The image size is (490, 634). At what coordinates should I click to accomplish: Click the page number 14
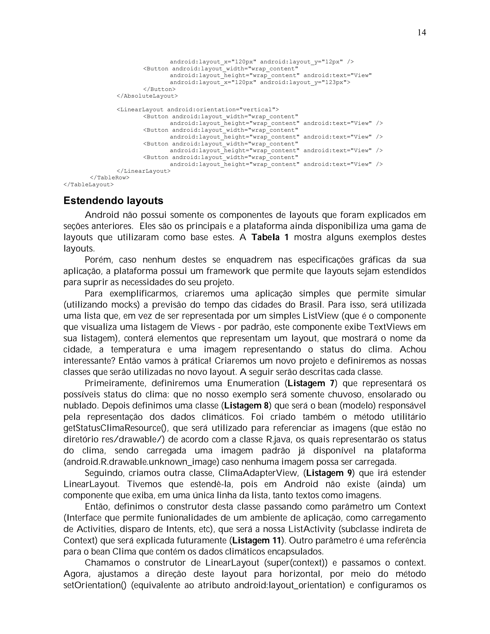[x=422, y=33]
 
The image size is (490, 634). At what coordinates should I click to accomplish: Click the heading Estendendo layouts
[x=113, y=200]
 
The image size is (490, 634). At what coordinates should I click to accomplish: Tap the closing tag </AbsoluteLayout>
[x=147, y=96]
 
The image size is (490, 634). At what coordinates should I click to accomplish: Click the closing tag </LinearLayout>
[x=143, y=171]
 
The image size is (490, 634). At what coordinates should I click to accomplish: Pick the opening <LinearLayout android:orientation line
[x=197, y=109]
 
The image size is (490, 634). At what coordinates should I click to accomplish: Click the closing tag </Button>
[x=159, y=89]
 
